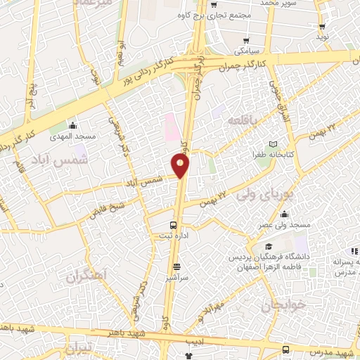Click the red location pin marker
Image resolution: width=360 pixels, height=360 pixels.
coord(181,165)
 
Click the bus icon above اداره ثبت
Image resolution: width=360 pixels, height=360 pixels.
coord(173,225)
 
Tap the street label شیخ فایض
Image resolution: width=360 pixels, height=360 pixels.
coord(107,208)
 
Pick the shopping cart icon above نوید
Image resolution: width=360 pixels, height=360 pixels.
coord(322,25)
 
